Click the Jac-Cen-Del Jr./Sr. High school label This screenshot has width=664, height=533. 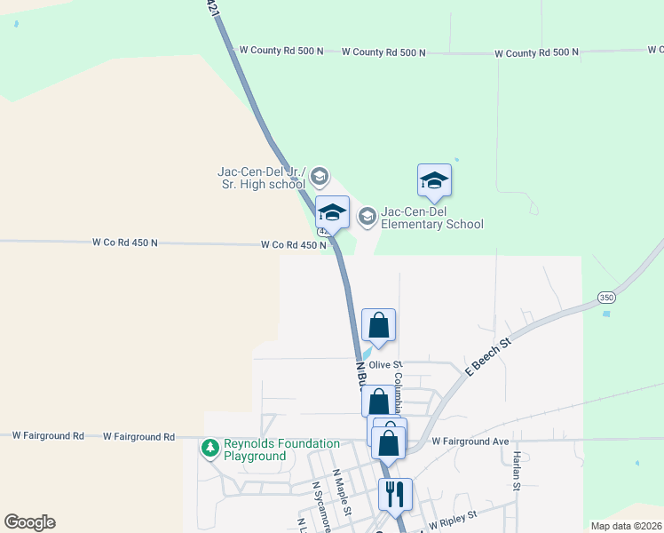point(262,178)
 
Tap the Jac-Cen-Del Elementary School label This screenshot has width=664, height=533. point(432,218)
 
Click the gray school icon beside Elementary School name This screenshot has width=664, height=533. point(367,216)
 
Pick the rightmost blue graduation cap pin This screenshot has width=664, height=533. point(434,180)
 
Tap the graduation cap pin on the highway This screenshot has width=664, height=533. point(332,213)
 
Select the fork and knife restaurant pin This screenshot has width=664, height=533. point(395,494)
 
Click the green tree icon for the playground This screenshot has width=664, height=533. point(210,449)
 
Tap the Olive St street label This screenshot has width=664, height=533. point(386,364)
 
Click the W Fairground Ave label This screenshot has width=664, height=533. point(470,442)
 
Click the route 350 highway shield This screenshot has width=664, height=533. point(605,297)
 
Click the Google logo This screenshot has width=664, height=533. point(29,522)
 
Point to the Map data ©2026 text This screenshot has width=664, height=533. point(626,526)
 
